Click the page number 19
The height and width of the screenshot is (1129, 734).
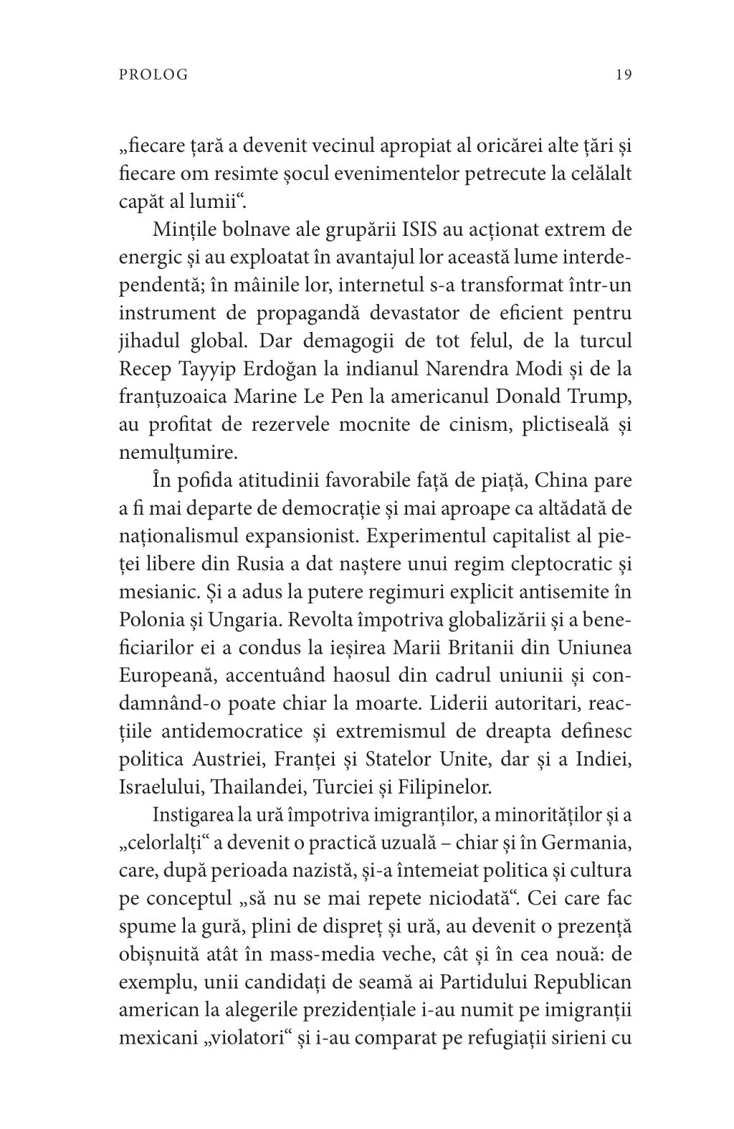point(622,75)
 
